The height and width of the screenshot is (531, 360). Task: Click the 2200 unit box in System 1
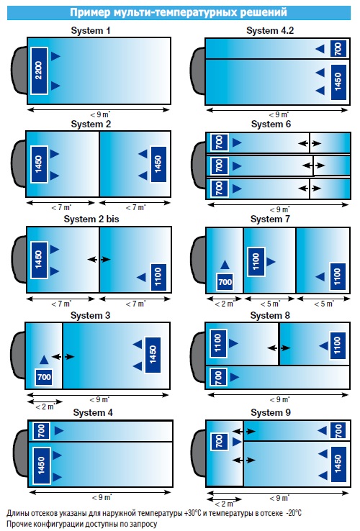pyautogui.click(x=39, y=71)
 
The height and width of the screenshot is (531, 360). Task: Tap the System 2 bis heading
pyautogui.click(x=91, y=219)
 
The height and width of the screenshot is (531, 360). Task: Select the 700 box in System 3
pyautogui.click(x=44, y=376)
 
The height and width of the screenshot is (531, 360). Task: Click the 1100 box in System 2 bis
pyautogui.click(x=158, y=277)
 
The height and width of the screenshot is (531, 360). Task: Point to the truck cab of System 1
pyautogui.click(x=19, y=70)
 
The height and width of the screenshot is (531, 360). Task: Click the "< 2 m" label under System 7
pyautogui.click(x=225, y=304)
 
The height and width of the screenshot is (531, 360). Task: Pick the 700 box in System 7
pyautogui.click(x=225, y=282)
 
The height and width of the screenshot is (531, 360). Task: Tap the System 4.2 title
pyautogui.click(x=270, y=30)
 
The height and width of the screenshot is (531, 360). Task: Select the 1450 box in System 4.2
pyautogui.click(x=338, y=82)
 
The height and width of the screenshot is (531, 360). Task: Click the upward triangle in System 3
pyautogui.click(x=44, y=360)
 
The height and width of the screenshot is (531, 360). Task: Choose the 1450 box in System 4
pyautogui.click(x=41, y=465)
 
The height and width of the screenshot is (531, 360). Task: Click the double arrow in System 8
pyautogui.click(x=279, y=348)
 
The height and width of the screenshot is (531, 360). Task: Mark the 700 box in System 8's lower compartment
pyautogui.click(x=219, y=377)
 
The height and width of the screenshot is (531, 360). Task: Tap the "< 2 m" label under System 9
pyautogui.click(x=225, y=504)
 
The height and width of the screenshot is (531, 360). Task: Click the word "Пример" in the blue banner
pyautogui.click(x=90, y=12)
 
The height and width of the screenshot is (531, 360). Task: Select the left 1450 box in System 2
pyautogui.click(x=39, y=164)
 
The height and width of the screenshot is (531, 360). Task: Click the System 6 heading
pyautogui.click(x=271, y=124)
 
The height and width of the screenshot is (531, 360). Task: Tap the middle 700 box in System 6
pyautogui.click(x=220, y=166)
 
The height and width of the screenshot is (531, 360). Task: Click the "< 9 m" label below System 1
pyautogui.click(x=99, y=115)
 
